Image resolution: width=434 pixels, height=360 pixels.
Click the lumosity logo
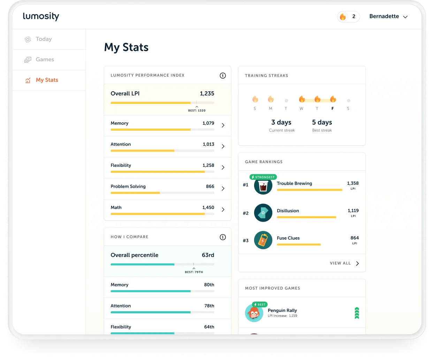tap(41, 16)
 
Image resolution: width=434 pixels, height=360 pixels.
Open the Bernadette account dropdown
tap(388, 16)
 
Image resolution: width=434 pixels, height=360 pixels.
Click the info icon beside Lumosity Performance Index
tap(223, 76)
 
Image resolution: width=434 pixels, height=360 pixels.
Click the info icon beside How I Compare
tap(223, 237)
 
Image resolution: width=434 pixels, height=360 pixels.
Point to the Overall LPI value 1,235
tap(207, 93)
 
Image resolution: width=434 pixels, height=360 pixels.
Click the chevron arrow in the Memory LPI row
tap(223, 125)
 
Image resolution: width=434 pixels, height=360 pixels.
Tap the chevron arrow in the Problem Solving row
tap(223, 188)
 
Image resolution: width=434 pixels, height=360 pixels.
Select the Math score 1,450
tap(208, 207)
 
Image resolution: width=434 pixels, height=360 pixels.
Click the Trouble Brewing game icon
tap(263, 185)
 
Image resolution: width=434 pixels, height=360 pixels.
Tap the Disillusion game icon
tap(263, 213)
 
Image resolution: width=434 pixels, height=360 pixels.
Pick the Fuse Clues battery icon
tap(263, 240)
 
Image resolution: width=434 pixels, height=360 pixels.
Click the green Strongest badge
tap(263, 177)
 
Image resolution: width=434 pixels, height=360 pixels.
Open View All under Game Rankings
tap(344, 263)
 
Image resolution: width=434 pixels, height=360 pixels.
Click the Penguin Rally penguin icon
tap(254, 313)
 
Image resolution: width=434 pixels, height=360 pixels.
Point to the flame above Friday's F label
tap(333, 99)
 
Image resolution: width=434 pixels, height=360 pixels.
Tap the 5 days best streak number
tap(322, 122)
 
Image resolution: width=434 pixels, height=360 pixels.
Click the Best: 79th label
tap(194, 272)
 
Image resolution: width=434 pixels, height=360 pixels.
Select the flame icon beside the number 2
tap(343, 16)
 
